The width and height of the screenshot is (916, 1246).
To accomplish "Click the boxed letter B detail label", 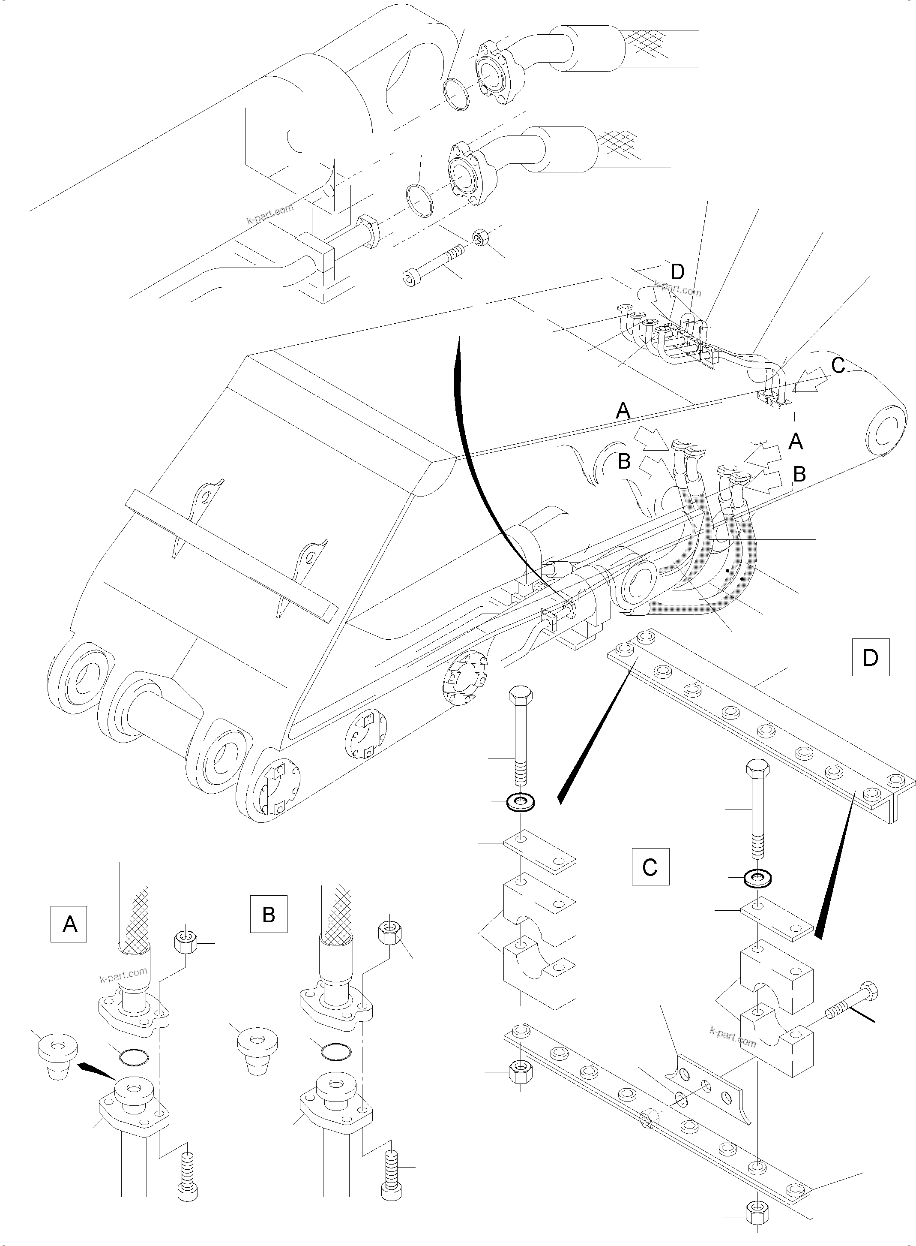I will pyautogui.click(x=268, y=914).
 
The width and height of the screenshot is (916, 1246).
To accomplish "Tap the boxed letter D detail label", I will pyautogui.click(x=871, y=657).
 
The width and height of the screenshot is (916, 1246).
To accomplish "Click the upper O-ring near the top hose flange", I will pyautogui.click(x=457, y=95).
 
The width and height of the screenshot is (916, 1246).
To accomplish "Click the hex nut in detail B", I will pyautogui.click(x=390, y=929).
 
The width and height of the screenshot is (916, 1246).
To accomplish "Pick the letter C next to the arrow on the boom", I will pyautogui.click(x=838, y=366).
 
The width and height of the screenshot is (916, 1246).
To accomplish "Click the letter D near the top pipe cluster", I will pyautogui.click(x=677, y=271).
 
